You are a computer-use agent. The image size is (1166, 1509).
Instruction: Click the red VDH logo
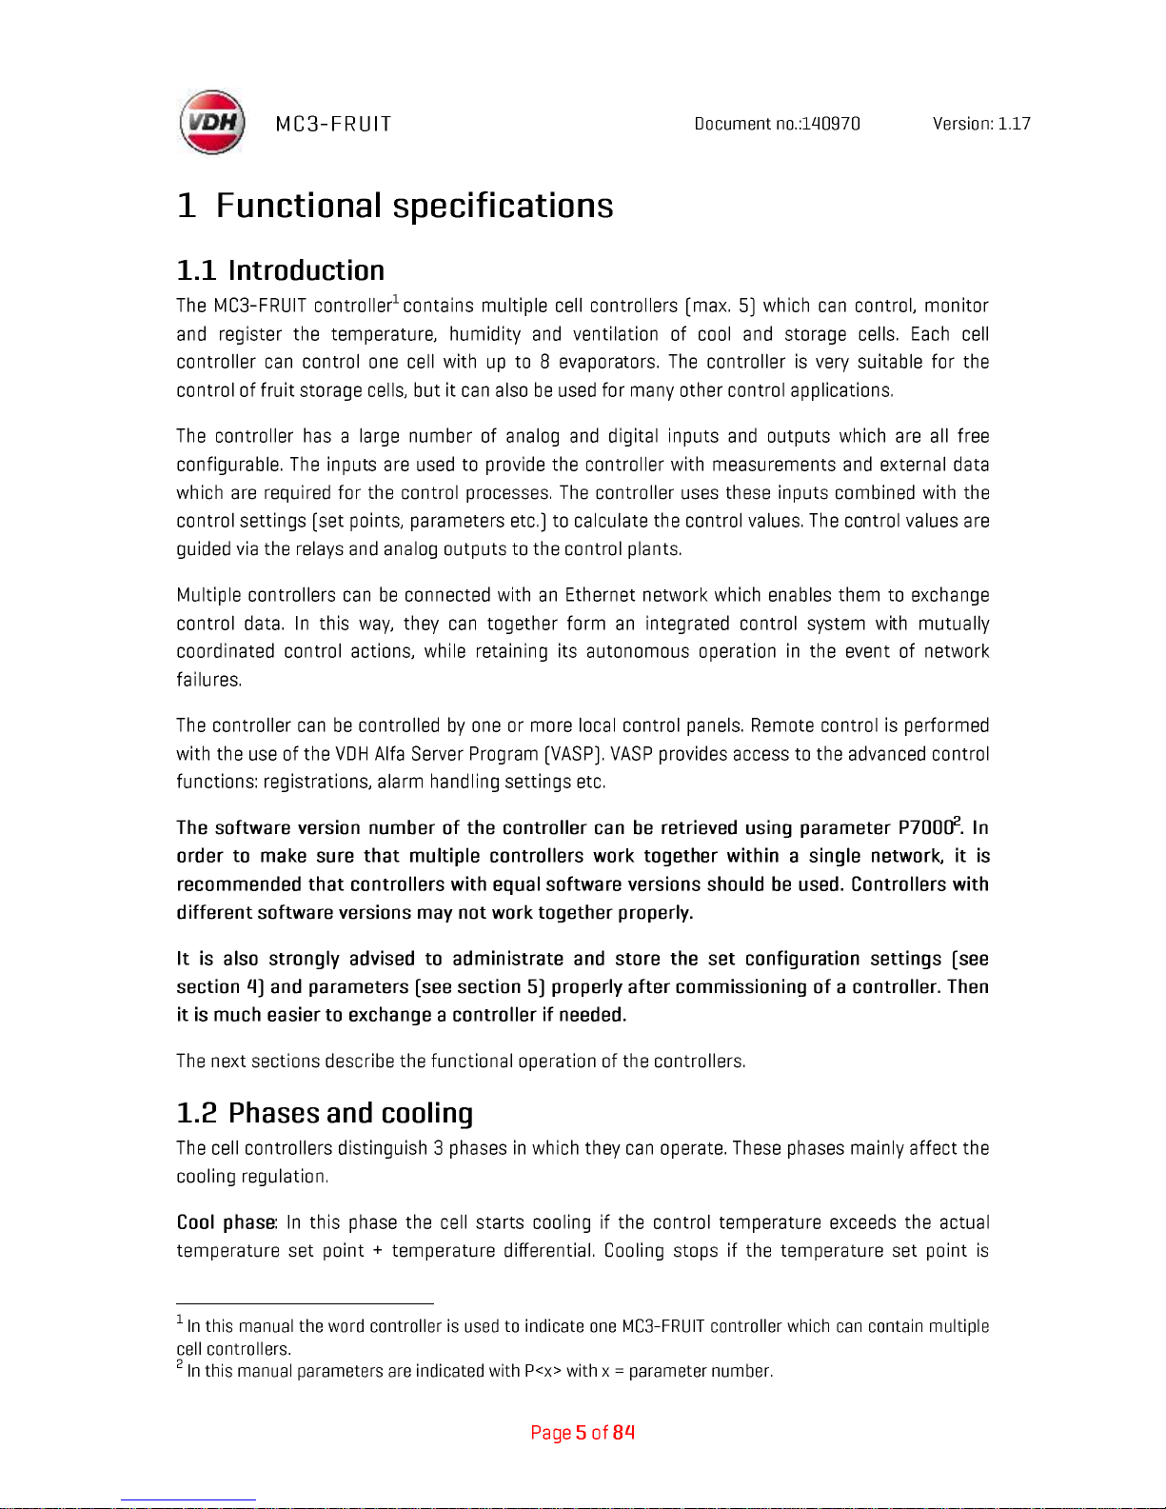point(212,123)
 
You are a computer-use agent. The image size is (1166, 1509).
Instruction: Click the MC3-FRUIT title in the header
point(333,125)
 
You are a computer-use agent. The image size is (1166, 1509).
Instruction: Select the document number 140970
point(831,124)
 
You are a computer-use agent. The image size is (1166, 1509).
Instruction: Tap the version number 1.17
point(1014,124)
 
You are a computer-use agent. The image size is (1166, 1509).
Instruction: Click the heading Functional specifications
point(414,206)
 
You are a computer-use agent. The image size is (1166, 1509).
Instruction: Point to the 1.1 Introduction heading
point(281,270)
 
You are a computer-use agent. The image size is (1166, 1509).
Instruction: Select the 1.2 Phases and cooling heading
point(325,1113)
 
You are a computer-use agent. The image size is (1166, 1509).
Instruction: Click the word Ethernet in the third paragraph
point(600,596)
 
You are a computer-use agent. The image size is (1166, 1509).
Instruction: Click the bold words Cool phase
point(226,1222)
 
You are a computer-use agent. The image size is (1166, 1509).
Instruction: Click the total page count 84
point(623,1433)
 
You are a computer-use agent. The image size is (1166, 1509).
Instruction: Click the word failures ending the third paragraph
point(208,680)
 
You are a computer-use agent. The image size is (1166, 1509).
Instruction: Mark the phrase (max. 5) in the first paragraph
point(720,306)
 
